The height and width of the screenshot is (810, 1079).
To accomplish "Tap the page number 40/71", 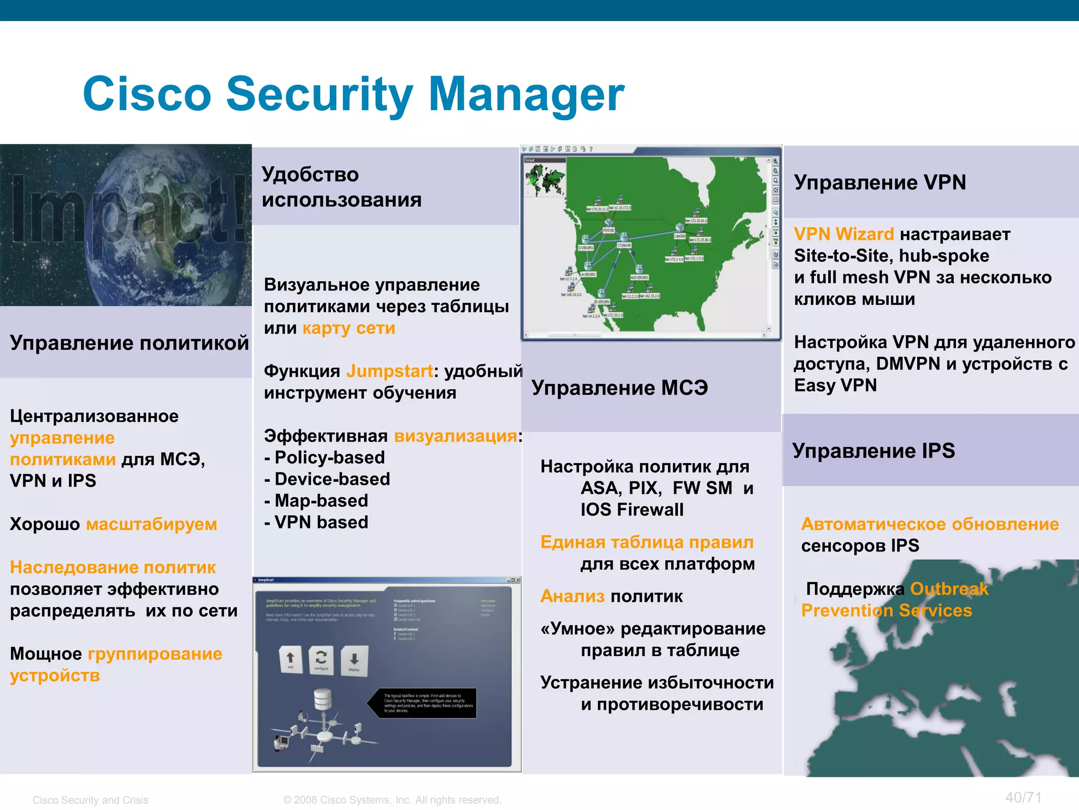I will (1023, 797).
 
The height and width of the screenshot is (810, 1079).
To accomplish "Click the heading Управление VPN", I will (879, 182).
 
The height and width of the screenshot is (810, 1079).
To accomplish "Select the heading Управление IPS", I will (873, 451).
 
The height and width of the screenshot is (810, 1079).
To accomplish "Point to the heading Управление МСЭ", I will (619, 388).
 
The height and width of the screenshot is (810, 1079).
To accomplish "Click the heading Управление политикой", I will (129, 343).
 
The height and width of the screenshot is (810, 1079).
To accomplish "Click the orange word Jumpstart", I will (389, 371).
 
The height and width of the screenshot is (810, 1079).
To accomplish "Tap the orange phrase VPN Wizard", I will (843, 234).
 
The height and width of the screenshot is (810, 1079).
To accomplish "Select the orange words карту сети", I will (348, 328).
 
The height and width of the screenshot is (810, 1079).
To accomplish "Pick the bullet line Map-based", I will (321, 500).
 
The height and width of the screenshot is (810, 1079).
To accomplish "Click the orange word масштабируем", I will (152, 524).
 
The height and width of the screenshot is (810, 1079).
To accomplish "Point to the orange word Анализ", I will (572, 596).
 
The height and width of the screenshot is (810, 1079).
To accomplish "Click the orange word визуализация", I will (456, 436).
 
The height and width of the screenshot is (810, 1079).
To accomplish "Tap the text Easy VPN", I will (835, 385).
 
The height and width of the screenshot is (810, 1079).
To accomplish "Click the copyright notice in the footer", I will (392, 800).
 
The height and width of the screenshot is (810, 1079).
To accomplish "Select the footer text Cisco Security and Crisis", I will (90, 800).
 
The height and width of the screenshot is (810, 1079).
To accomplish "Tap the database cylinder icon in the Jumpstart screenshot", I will (322, 700).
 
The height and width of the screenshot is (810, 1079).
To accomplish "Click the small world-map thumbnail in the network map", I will (544, 179).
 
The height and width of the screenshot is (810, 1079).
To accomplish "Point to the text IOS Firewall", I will (632, 510).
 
